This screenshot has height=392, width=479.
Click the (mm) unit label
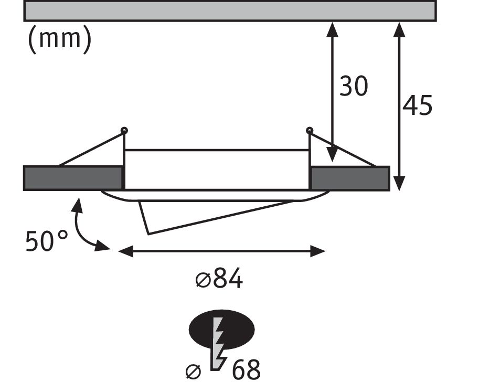click(60, 39)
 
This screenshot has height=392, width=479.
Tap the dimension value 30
click(354, 86)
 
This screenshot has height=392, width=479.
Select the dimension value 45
click(417, 105)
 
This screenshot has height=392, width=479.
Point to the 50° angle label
click(47, 241)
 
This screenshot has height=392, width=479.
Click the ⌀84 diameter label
click(219, 278)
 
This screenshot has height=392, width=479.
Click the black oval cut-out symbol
click(221, 330)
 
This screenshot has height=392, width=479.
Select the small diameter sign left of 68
click(194, 372)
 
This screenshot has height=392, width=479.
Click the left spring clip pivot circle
click(124, 131)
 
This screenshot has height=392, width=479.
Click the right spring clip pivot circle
click(309, 131)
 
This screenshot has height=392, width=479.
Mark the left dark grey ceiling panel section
click(73, 178)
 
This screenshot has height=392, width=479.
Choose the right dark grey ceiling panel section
click(350, 178)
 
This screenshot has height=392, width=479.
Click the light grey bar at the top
click(230, 11)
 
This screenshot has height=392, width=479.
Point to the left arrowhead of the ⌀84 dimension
click(125, 251)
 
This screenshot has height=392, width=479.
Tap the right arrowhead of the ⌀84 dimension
click(318, 251)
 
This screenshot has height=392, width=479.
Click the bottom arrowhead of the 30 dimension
click(332, 154)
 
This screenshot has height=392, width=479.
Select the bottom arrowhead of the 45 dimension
click(399, 183)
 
